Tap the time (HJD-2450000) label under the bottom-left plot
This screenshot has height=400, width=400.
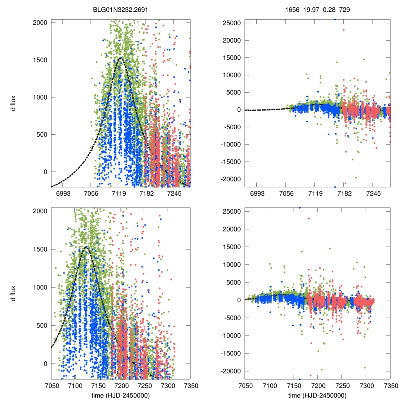click(x=120, y=395)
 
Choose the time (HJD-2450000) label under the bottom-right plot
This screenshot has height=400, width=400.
click(x=317, y=395)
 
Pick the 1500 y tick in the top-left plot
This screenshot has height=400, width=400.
click(x=39, y=60)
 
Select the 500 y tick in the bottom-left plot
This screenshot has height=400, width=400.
click(x=41, y=325)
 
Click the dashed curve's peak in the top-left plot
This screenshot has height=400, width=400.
click(x=121, y=58)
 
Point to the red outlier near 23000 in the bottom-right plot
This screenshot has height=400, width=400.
click(x=309, y=218)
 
